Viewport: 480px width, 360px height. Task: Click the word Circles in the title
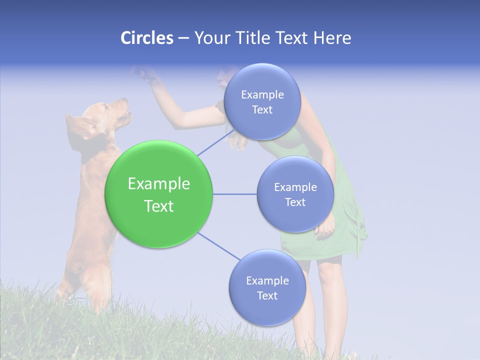(146, 38)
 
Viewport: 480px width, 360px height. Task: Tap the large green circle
(159, 194)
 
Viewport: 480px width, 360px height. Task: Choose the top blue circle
(262, 101)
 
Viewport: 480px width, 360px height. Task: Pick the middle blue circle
(295, 194)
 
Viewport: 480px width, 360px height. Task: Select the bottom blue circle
(267, 287)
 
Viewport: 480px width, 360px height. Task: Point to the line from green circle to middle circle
(234, 194)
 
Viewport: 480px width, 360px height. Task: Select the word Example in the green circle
(159, 184)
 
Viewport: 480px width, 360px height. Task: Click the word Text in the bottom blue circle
(267, 295)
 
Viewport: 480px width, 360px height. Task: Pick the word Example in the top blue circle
(262, 94)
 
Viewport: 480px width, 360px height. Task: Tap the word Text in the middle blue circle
(295, 202)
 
